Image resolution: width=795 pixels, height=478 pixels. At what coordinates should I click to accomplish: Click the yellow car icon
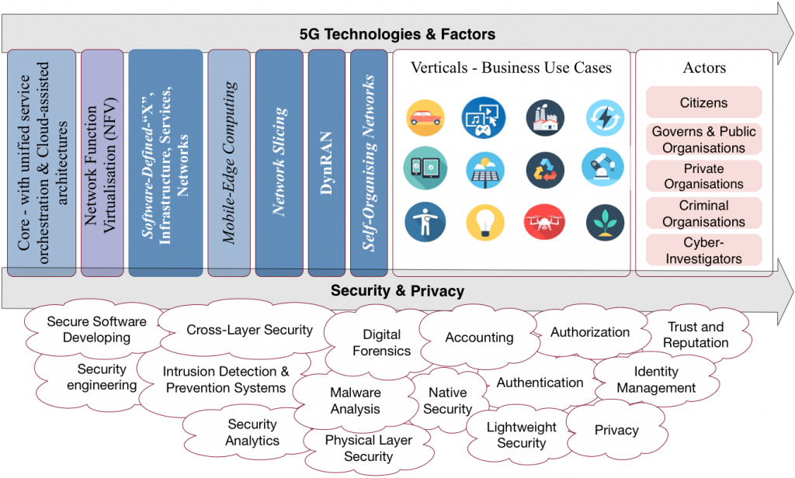pyautogui.click(x=425, y=118)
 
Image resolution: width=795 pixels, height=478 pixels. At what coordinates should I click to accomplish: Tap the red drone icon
pyautogui.click(x=544, y=221)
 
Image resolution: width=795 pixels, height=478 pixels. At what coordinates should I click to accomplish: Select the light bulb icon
pyautogui.click(x=484, y=222)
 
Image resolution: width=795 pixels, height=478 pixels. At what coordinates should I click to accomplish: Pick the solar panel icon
pyautogui.click(x=484, y=170)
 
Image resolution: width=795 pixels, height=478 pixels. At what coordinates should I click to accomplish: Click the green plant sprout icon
pyautogui.click(x=605, y=221)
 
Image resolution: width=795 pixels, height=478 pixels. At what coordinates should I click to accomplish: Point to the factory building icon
pyautogui.click(x=545, y=118)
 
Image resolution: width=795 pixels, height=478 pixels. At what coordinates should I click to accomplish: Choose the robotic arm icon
pyautogui.click(x=602, y=168)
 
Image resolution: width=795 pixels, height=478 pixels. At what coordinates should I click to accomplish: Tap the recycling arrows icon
pyautogui.click(x=545, y=170)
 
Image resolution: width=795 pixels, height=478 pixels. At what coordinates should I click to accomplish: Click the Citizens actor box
pyautogui.click(x=703, y=102)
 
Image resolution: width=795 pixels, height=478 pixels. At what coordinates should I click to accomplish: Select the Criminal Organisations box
pyautogui.click(x=703, y=213)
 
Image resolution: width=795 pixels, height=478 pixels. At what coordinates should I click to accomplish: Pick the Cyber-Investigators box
pyautogui.click(x=703, y=250)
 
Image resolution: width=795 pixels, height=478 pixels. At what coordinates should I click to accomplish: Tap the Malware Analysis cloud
pyautogui.click(x=356, y=400)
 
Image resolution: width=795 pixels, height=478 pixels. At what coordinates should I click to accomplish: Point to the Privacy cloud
pyautogui.click(x=616, y=430)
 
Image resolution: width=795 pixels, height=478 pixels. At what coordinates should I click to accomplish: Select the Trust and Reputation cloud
pyautogui.click(x=696, y=334)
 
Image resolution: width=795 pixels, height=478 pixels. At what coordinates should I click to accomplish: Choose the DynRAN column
pyautogui.click(x=327, y=163)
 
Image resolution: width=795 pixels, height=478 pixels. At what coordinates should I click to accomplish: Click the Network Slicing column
pyautogui.click(x=279, y=163)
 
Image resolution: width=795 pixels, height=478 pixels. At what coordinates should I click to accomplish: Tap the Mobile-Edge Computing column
pyautogui.click(x=229, y=163)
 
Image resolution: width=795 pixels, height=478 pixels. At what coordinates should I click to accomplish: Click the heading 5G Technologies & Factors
pyautogui.click(x=397, y=34)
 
